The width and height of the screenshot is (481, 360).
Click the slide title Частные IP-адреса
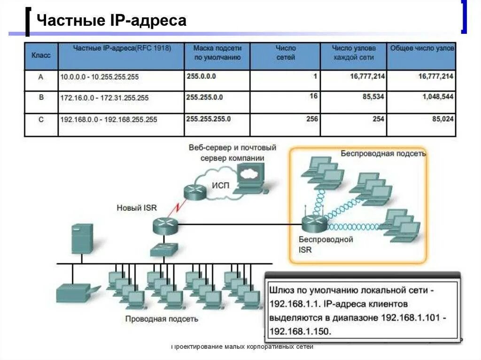(x=111, y=21)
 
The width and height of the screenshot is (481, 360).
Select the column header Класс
(x=41, y=55)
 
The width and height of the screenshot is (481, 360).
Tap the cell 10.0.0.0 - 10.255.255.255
(x=99, y=77)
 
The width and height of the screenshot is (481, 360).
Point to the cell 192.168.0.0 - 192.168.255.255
(x=109, y=120)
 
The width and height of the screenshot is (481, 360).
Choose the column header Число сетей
(x=286, y=53)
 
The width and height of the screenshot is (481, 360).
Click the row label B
(x=41, y=98)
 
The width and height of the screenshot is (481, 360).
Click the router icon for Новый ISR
(x=165, y=226)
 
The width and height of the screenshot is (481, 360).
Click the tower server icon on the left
(x=81, y=238)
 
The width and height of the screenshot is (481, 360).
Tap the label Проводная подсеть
(x=161, y=319)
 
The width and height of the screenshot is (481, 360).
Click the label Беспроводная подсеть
(x=383, y=153)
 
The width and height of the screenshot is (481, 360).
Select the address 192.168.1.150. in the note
(x=301, y=331)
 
